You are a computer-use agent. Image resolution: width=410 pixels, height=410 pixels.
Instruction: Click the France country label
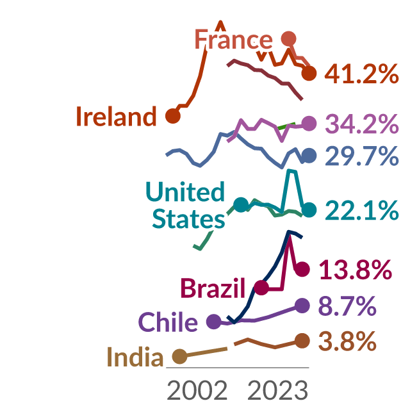pos(233,40)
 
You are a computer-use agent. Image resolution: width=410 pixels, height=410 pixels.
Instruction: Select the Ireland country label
pos(117,117)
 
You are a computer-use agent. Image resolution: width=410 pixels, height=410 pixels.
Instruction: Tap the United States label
pos(185,205)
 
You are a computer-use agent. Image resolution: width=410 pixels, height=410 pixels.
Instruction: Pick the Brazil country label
pos(213,288)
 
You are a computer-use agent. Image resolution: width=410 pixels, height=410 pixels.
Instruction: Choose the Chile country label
pos(168,322)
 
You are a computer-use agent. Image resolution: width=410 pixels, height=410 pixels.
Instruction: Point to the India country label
pos(135,357)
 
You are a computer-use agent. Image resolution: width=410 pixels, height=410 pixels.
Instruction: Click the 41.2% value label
pos(361,74)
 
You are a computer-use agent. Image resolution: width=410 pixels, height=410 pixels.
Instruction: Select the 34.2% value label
pos(362,124)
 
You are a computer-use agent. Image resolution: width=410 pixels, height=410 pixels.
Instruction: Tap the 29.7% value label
pos(362,156)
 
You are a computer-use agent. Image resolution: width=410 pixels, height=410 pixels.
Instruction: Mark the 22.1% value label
pos(362,210)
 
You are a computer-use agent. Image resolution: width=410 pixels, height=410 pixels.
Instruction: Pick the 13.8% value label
pos(356,270)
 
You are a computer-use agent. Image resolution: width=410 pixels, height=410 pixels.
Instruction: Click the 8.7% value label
pos(347,306)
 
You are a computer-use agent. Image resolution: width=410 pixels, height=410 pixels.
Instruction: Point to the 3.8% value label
pos(347,341)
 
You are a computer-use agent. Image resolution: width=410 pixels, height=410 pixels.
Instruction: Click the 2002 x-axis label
pos(197,390)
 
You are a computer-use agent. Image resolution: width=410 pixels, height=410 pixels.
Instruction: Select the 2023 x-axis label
pos(277,390)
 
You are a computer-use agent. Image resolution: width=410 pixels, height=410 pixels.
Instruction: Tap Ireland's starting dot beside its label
pos(173,115)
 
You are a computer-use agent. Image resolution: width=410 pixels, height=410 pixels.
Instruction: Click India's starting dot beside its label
pos(179,356)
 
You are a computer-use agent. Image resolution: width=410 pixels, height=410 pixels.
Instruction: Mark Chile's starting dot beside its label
pos(214,322)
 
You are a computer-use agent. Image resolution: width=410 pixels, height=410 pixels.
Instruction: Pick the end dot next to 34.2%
pos(309,123)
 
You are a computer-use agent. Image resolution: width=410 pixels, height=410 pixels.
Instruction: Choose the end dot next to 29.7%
pos(309,156)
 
